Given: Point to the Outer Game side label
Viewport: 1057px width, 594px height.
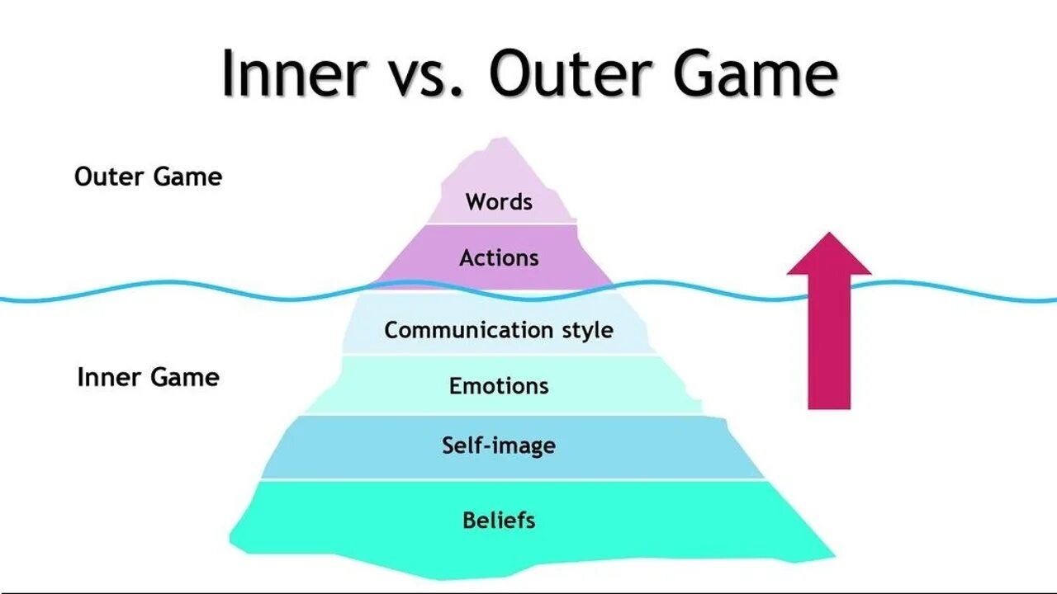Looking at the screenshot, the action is [x=148, y=177].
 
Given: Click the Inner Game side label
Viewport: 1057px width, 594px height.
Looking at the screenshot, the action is [x=148, y=377].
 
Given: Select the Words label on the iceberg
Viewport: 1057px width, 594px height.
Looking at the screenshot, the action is [x=499, y=201].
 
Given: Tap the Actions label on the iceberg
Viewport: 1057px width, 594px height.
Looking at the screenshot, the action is [x=499, y=257].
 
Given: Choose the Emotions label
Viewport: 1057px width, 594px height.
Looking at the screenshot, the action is [x=499, y=385].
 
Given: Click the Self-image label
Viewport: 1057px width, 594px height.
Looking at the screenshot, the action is [x=499, y=445].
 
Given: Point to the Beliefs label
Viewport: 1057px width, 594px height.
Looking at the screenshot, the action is [x=499, y=521].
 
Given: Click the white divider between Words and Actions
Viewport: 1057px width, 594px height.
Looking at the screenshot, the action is [x=499, y=224].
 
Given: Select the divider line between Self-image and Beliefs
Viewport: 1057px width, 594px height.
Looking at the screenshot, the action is [x=512, y=479].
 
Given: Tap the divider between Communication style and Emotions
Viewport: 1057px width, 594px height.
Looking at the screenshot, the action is [x=499, y=355].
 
